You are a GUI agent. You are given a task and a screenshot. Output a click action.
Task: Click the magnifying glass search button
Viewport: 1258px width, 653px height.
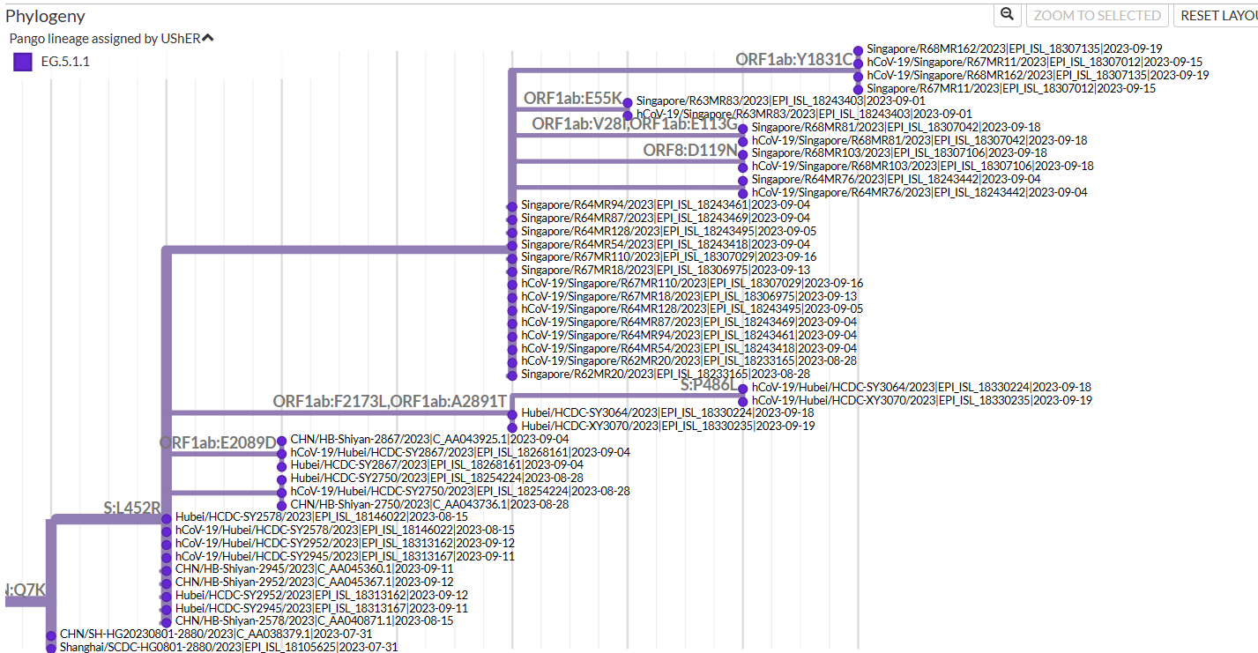click(1006, 15)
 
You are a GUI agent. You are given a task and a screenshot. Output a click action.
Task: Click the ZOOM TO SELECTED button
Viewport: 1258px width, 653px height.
click(1097, 15)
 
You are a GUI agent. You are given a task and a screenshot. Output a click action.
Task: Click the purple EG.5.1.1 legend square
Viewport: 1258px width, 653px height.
click(23, 62)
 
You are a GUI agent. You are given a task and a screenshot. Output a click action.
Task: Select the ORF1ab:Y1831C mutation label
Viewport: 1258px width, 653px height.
click(794, 60)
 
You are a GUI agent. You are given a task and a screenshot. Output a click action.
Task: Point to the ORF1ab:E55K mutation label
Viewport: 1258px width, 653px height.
click(573, 98)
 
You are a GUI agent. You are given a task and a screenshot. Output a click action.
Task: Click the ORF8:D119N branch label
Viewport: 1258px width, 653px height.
click(689, 150)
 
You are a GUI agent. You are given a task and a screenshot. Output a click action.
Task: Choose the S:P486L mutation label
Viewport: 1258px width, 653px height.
click(709, 384)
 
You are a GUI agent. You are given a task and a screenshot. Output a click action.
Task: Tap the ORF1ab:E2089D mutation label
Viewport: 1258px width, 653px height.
click(218, 442)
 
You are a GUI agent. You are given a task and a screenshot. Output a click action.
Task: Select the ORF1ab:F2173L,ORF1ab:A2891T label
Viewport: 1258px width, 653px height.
click(390, 401)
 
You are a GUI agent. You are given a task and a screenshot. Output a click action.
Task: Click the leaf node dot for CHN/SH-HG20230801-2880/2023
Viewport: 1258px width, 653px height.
click(51, 634)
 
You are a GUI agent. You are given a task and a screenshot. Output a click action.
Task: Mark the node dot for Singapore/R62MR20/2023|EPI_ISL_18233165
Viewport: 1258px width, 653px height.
click(510, 374)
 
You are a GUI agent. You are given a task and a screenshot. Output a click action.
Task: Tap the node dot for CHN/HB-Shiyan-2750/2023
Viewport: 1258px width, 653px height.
click(281, 505)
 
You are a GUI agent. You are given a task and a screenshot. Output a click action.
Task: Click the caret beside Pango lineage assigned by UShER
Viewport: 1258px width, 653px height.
click(208, 38)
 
